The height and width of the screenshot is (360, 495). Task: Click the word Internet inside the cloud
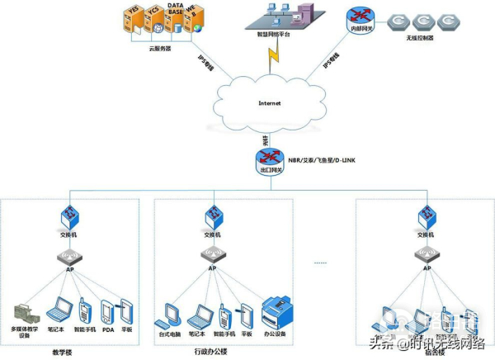coord(270,103)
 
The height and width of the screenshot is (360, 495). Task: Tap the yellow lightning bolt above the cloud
coord(271,57)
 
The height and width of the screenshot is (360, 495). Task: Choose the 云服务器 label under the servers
coord(163,48)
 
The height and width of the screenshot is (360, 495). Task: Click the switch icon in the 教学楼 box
coord(70,216)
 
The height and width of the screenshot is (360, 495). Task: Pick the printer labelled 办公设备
coord(276,314)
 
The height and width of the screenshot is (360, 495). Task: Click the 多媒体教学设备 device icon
coord(26,315)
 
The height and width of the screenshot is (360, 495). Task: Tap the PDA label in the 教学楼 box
coord(107,329)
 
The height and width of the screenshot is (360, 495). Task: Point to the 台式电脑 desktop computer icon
coord(172,315)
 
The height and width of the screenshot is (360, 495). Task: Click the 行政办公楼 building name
coord(212,351)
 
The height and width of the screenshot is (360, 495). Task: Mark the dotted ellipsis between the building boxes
coord(321,263)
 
